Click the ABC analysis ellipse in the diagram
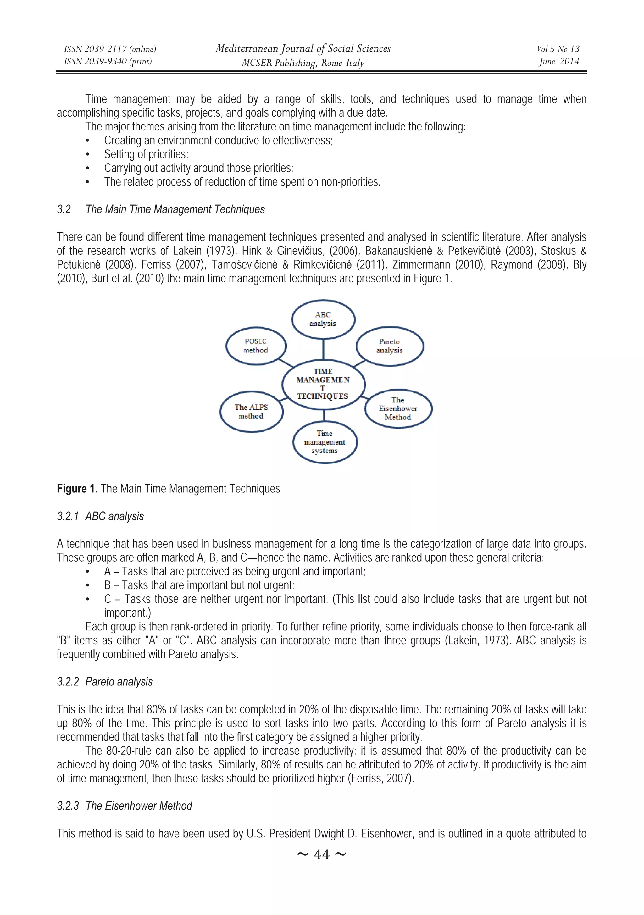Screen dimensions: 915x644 click(x=323, y=319)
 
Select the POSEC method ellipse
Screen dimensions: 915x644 click(x=255, y=346)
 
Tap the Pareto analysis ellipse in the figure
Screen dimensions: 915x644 click(x=389, y=346)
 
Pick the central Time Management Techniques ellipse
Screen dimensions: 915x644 click(x=323, y=384)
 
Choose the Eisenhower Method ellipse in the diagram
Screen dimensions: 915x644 click(x=398, y=408)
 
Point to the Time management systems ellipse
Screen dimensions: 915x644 click(x=325, y=442)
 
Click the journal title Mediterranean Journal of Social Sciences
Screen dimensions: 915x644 click(x=303, y=49)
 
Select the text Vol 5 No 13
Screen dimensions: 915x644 click(x=558, y=49)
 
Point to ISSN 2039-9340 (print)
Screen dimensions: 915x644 click(x=108, y=61)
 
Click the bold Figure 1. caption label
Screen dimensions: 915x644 click(x=77, y=489)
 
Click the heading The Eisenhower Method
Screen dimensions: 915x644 click(x=139, y=806)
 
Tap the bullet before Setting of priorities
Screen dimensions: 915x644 click(x=88, y=155)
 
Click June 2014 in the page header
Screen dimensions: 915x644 click(x=559, y=61)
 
